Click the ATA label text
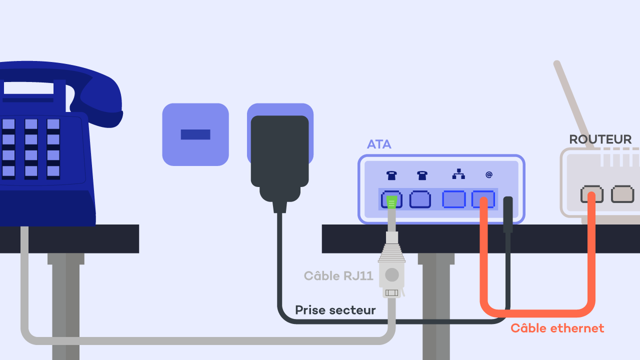[x=379, y=144]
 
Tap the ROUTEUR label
[x=600, y=139]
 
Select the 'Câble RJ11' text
[x=338, y=275]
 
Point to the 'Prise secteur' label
[x=335, y=310]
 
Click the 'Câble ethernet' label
[x=557, y=328]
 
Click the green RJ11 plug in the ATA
[x=391, y=201]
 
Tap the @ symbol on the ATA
[x=488, y=174]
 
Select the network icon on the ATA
[x=458, y=174]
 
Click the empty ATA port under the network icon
[x=453, y=199]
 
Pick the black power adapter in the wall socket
[x=280, y=155]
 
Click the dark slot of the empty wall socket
[x=195, y=134]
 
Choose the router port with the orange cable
[x=591, y=194]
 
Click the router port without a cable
[x=622, y=194]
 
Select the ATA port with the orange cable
[x=483, y=199]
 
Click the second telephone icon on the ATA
[x=422, y=175]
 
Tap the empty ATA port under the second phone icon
[x=420, y=199]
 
